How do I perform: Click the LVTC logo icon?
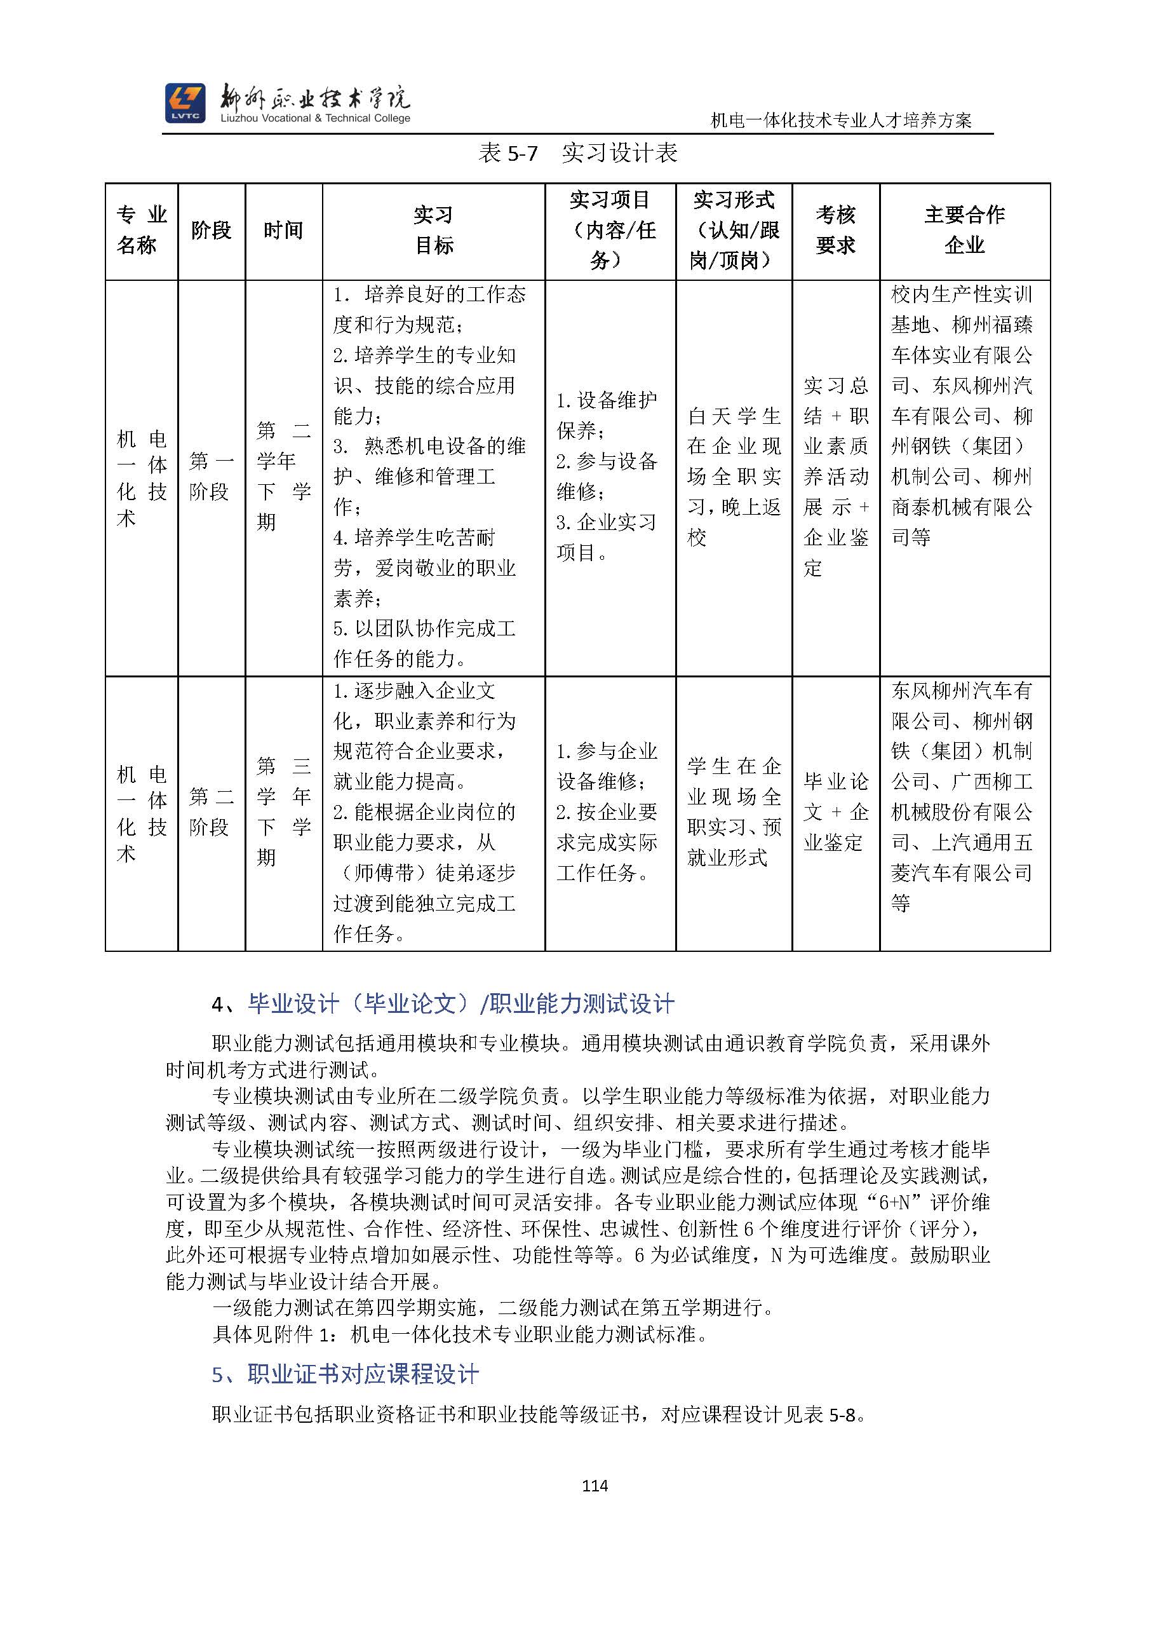click(185, 102)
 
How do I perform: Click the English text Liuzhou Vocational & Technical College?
click(315, 118)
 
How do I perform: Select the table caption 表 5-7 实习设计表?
click(577, 153)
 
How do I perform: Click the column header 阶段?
click(212, 231)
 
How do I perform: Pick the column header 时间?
click(283, 231)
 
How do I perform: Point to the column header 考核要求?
click(835, 231)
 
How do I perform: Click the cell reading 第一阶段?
click(212, 477)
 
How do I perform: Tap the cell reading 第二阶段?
click(212, 812)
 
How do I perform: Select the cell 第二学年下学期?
click(283, 477)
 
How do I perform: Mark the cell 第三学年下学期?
click(283, 812)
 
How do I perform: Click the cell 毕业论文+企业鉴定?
click(835, 812)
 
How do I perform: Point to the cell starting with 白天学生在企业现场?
click(733, 477)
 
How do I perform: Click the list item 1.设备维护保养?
click(606, 415)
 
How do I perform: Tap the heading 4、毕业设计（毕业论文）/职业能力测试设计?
click(443, 1004)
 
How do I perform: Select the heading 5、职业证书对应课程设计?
click(346, 1374)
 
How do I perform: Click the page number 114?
click(595, 1486)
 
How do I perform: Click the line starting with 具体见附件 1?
click(460, 1334)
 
